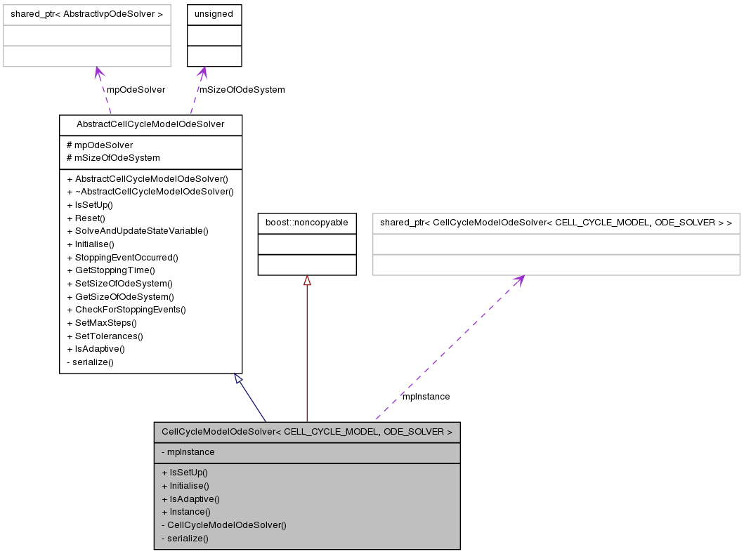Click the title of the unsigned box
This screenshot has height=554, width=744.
(214, 14)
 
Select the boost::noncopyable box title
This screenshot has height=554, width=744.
(306, 223)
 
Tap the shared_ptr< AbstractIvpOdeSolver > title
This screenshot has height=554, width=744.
(87, 14)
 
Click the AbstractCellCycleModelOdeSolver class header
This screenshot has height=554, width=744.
(150, 124)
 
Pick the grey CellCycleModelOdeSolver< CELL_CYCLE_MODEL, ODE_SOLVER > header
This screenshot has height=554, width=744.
(306, 432)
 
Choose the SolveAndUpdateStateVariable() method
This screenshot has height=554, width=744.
(141, 231)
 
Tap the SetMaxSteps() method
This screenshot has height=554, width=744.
(105, 322)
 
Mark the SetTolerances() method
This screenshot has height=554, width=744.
(108, 336)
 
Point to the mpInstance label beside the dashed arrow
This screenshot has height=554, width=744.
(426, 397)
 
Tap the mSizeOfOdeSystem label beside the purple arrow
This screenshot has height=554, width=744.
(242, 90)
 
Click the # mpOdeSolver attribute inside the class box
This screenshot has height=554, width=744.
(100, 145)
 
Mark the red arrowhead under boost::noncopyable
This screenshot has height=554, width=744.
(307, 281)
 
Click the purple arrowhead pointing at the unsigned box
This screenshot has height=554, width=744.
(202, 72)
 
